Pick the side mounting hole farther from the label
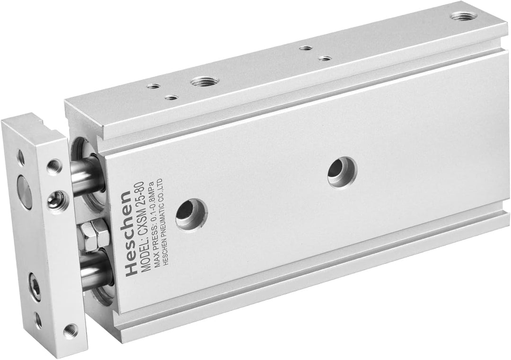click(x=342, y=172)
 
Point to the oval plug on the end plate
click(x=24, y=192)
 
